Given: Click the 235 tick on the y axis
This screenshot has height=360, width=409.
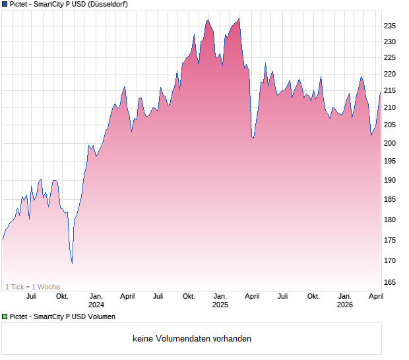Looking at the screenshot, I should [x=389, y=26].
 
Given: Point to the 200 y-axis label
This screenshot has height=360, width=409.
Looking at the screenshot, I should [x=389, y=143].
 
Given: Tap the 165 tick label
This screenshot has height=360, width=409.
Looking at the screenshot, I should [x=389, y=282].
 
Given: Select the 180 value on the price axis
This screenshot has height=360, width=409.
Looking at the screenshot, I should [x=389, y=220].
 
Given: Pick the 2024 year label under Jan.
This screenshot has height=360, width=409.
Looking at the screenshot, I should [x=96, y=305].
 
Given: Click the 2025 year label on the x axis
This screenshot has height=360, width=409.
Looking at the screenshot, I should [x=220, y=305].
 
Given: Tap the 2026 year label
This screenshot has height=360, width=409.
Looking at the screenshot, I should [x=344, y=305].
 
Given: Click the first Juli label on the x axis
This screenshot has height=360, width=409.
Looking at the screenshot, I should [x=31, y=296].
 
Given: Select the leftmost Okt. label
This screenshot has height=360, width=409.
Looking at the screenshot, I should [x=62, y=296].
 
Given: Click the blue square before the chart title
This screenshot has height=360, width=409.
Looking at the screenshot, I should [x=5, y=4].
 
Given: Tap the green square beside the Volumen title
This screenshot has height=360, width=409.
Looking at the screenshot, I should [x=5, y=316].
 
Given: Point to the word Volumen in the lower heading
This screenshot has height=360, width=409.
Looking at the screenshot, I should [x=102, y=316].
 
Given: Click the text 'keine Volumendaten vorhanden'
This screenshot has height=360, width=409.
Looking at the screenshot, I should [x=191, y=339].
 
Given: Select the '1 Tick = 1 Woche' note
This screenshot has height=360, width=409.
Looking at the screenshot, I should [x=32, y=287].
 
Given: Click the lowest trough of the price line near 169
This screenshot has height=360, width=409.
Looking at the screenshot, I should [x=72, y=263].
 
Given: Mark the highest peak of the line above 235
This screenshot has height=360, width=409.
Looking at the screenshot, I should [x=239, y=18].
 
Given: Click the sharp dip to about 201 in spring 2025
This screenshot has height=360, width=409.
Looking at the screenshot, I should [x=253, y=138].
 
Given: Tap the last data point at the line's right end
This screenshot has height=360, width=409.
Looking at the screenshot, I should [x=380, y=94].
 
